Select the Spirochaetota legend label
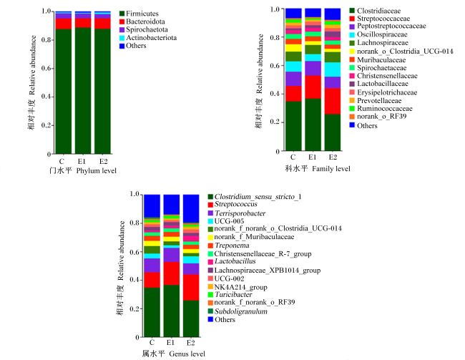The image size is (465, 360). pos(143,29)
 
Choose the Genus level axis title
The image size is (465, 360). pos(176,354)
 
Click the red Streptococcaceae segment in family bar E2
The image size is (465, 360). pos(333,101)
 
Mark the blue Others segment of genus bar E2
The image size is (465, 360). pos(191,208)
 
